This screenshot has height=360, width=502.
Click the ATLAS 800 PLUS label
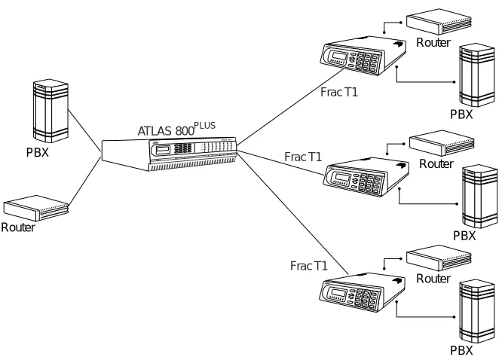click(176, 129)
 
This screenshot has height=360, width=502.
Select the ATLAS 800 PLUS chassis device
click(169, 153)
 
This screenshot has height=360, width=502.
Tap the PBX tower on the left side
click(51, 111)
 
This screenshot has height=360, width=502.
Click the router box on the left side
click(36, 208)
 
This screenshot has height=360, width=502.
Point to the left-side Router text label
click(18, 227)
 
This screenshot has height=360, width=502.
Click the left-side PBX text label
click(38, 152)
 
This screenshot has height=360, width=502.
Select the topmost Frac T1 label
click(339, 92)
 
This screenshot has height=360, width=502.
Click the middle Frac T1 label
click(303, 157)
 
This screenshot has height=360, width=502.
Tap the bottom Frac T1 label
click(309, 266)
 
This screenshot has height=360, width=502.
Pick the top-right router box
click(439, 21)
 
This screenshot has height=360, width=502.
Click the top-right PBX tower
click(476, 75)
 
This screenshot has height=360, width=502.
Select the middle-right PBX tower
click(479, 196)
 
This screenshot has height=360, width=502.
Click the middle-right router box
click(442, 143)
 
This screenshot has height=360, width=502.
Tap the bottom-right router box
click(439, 258)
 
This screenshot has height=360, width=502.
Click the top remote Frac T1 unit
click(363, 56)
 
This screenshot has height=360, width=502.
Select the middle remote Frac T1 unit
click(366, 177)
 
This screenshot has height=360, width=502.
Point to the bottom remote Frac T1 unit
click(363, 292)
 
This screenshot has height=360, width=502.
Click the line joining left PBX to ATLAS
click(85, 130)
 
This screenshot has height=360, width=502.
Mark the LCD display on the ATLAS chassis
click(163, 149)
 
